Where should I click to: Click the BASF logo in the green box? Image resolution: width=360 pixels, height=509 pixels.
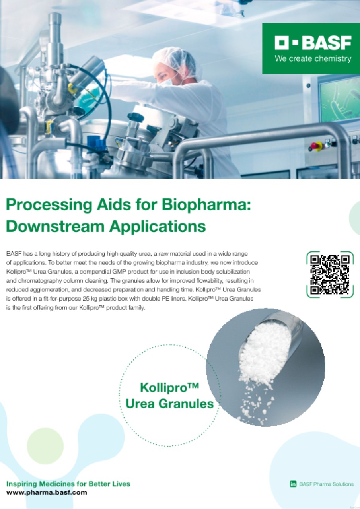pyautogui.click(x=313, y=43)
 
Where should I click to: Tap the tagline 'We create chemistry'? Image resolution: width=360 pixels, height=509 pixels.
pyautogui.click(x=313, y=59)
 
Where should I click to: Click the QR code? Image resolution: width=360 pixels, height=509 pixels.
pyautogui.click(x=330, y=274)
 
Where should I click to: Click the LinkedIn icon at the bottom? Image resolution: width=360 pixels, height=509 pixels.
pyautogui.click(x=293, y=484)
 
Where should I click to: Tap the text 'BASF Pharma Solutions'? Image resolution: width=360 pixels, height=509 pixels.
pyautogui.click(x=326, y=484)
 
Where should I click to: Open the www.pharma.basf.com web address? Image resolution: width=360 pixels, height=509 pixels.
pyautogui.click(x=47, y=492)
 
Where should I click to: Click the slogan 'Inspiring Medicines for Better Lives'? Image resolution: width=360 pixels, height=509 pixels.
pyautogui.click(x=68, y=484)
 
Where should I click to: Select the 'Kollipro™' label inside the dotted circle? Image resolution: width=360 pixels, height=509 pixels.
pyautogui.click(x=169, y=387)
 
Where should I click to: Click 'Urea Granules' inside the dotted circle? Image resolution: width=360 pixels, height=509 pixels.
pyautogui.click(x=169, y=404)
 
